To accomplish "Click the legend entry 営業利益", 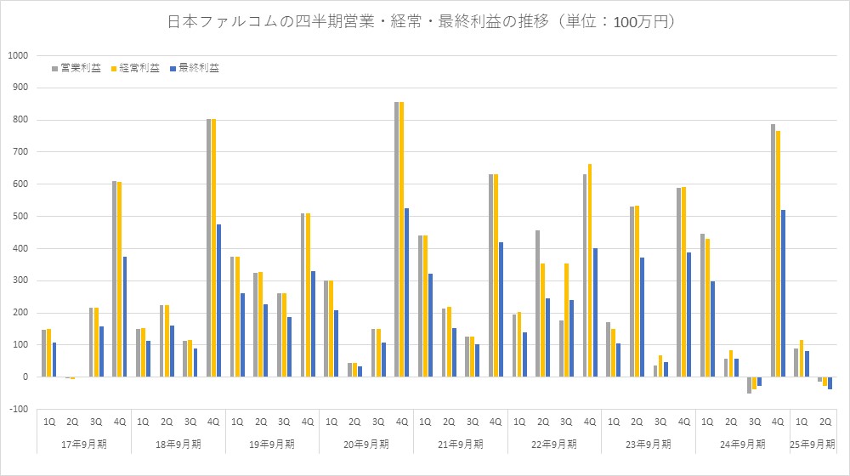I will coord(79,68).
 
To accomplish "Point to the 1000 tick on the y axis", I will coord(18,55).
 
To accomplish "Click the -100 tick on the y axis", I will coord(18,409).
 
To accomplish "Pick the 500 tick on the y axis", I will coord(18,216).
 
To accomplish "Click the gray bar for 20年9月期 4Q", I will coord(397,239).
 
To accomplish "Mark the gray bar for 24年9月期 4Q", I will coord(773,250).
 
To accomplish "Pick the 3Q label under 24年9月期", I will coord(754,420).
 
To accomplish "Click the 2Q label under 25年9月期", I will coord(824,420).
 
